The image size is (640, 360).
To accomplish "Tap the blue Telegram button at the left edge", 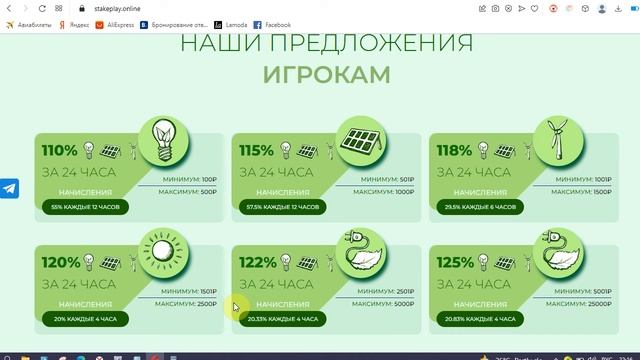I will [10, 188].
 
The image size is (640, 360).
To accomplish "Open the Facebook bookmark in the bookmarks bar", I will [272, 24].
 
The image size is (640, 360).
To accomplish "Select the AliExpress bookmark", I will [113, 24].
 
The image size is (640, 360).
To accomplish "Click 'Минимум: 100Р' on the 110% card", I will [190, 179].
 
